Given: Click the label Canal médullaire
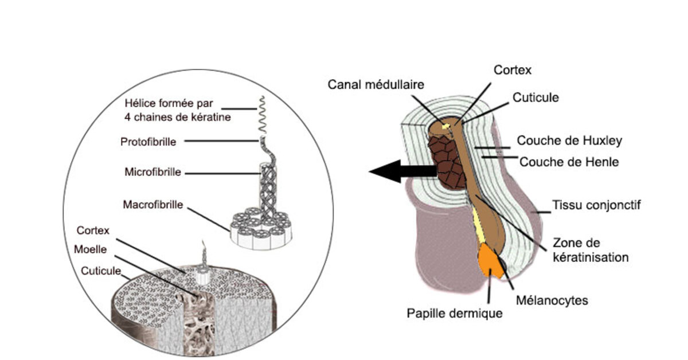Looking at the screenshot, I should [x=376, y=84].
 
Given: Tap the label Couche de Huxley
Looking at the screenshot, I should [x=569, y=140].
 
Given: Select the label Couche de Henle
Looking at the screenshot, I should [x=569, y=162].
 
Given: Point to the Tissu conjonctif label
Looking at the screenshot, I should [x=596, y=205].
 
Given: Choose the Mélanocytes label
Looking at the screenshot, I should [x=552, y=299].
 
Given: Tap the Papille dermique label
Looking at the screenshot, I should [x=455, y=314].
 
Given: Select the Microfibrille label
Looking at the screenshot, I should [x=153, y=172].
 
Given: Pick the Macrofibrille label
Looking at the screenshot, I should [x=153, y=204].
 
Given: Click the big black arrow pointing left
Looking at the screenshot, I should [x=401, y=171].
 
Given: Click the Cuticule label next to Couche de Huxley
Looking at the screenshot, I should [x=534, y=97].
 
